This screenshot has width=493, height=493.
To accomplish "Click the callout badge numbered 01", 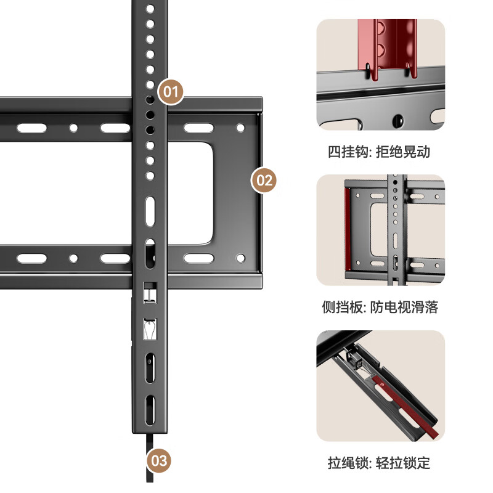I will click(x=171, y=92).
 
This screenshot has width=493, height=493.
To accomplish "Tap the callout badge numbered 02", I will click(x=264, y=181).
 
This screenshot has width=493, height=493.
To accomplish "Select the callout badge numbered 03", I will click(x=158, y=460).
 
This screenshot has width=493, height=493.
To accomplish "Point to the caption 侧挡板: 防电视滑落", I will click(x=380, y=307).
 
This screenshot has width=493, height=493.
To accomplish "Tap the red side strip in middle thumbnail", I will click(x=348, y=231).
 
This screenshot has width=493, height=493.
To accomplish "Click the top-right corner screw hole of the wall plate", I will click(x=241, y=129).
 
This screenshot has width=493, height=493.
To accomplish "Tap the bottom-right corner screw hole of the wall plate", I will click(x=241, y=258).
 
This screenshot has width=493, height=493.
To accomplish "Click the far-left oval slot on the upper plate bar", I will click(x=31, y=129).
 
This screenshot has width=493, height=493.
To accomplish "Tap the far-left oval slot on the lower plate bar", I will click(x=31, y=258).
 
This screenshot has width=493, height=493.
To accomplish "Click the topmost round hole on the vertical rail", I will click(x=149, y=9).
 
